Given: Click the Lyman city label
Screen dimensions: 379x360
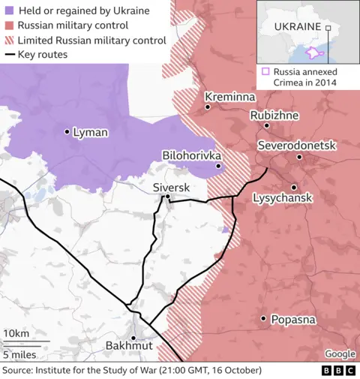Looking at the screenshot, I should click(x=90, y=132).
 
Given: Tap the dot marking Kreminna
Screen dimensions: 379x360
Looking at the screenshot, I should click(x=208, y=107).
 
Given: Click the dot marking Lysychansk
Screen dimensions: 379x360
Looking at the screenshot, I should click(x=293, y=187).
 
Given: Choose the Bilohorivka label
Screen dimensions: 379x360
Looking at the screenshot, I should click(x=190, y=155).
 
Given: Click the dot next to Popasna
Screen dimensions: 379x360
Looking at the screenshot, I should click(x=263, y=318).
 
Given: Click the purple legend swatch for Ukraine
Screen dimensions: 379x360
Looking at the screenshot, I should click(x=9, y=11).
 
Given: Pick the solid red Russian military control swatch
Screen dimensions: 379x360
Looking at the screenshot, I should click(x=9, y=26).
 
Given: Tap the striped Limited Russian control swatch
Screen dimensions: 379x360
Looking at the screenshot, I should click(x=9, y=40).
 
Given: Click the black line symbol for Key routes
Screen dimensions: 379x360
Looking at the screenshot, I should click(x=9, y=55).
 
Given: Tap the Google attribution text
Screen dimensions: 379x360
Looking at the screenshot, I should click(x=340, y=353).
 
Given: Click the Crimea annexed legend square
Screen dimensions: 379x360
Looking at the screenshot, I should click(x=266, y=72).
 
